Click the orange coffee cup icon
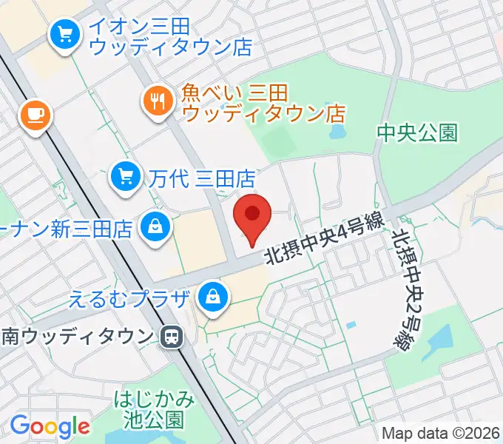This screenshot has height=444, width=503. [x=34, y=115]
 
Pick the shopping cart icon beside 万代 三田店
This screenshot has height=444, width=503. [x=125, y=176]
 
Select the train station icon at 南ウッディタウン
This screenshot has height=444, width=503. [x=171, y=337]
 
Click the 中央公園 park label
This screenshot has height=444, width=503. [x=417, y=132]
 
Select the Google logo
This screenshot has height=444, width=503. [x=50, y=425]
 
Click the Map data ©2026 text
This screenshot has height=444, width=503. [x=441, y=433]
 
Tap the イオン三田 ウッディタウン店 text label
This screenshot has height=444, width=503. [x=170, y=36]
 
